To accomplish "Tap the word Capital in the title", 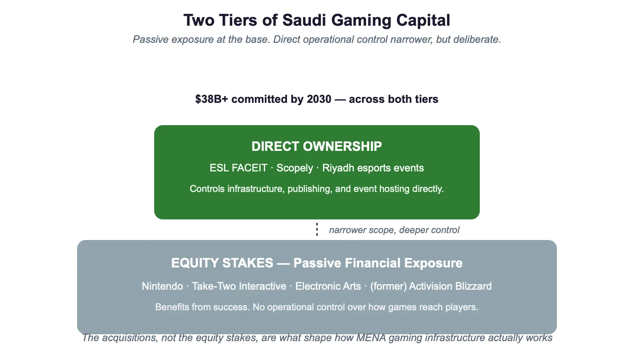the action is click(423, 21).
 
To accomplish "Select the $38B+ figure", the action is click(212, 99).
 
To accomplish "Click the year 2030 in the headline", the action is click(319, 99).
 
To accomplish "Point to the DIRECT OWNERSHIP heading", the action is click(317, 147).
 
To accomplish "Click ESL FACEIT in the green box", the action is click(238, 168).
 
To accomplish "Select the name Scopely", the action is click(295, 168).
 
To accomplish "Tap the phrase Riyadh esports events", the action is click(373, 168).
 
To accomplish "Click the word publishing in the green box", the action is click(310, 189).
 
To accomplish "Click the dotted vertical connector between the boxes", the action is click(317, 229).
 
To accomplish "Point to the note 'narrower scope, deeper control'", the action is click(394, 230).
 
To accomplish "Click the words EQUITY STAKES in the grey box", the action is click(222, 263).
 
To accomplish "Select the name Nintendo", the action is click(162, 286).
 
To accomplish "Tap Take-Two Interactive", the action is click(239, 286).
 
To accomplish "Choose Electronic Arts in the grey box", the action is click(328, 286).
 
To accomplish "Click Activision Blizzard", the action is click(450, 286).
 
